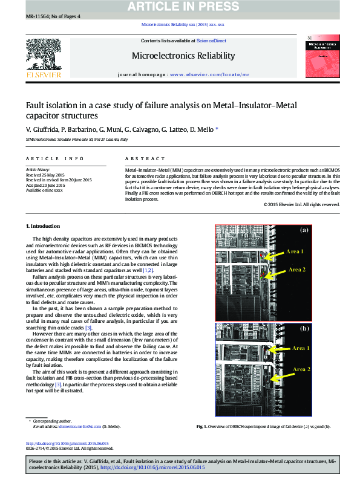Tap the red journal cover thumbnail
tap(324, 55)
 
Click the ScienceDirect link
tap(212, 41)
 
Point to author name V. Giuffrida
tap(42, 129)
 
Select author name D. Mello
tap(201, 129)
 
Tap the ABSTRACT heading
tap(136, 158)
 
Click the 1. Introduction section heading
tap(44, 226)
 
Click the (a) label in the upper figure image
tap(304, 230)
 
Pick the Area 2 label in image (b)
tap(301, 369)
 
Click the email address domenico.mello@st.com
tap(79, 426)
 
